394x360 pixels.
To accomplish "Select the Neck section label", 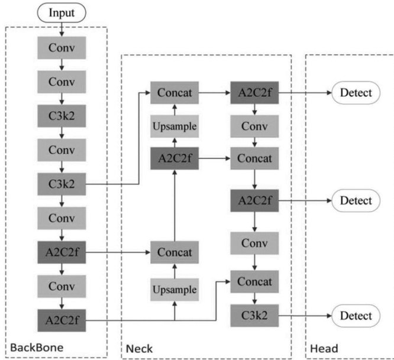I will [x=139, y=349].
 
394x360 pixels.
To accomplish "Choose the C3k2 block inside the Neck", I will [x=255, y=315].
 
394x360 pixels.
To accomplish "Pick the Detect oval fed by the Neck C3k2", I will [x=356, y=315].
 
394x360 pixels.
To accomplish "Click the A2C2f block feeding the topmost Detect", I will [x=255, y=93].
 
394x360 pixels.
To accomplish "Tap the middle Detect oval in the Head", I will [x=356, y=201].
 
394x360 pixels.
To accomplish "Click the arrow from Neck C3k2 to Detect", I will [x=305, y=315].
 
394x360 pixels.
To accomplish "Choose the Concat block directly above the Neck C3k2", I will [x=255, y=281].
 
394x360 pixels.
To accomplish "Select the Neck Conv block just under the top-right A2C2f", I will [x=255, y=127].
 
